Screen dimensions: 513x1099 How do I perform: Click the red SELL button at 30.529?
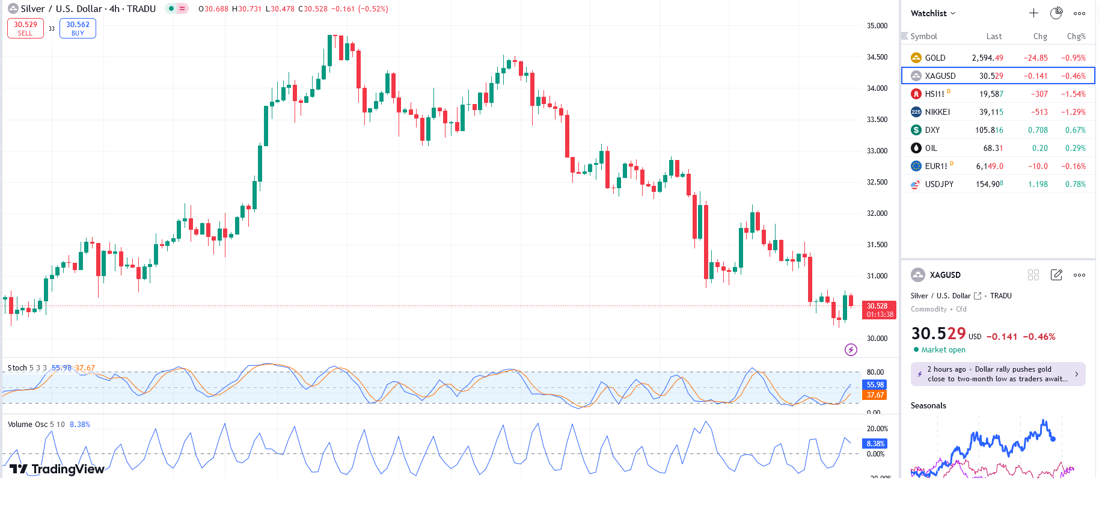pyautogui.click(x=25, y=28)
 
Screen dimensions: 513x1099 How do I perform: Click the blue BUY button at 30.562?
pyautogui.click(x=78, y=28)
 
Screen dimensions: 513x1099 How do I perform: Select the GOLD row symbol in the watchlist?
pyautogui.click(x=935, y=58)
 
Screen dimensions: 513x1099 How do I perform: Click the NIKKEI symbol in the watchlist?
pyautogui.click(x=937, y=112)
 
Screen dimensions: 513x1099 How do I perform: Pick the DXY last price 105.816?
pyautogui.click(x=989, y=130)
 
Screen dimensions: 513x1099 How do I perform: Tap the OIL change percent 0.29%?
pyautogui.click(x=1075, y=148)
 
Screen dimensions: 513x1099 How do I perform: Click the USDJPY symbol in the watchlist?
pyautogui.click(x=939, y=184)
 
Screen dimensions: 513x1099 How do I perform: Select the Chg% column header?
pyautogui.click(x=1076, y=36)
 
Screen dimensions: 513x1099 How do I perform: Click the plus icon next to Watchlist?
pyautogui.click(x=1033, y=13)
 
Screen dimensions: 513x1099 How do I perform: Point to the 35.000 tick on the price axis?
pyautogui.click(x=877, y=26)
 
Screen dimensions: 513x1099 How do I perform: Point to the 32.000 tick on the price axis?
pyautogui.click(x=877, y=213)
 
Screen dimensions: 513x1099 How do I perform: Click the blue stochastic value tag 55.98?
pyautogui.click(x=875, y=385)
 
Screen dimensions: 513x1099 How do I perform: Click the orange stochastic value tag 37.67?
pyautogui.click(x=875, y=395)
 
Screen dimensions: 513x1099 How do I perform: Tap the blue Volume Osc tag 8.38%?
pyautogui.click(x=875, y=444)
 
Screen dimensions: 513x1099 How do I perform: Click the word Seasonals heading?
pyautogui.click(x=928, y=405)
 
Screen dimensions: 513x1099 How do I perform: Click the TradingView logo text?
pyautogui.click(x=58, y=469)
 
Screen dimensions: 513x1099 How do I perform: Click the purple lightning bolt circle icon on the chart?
pyautogui.click(x=851, y=349)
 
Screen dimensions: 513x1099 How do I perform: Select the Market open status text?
pyautogui.click(x=943, y=350)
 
